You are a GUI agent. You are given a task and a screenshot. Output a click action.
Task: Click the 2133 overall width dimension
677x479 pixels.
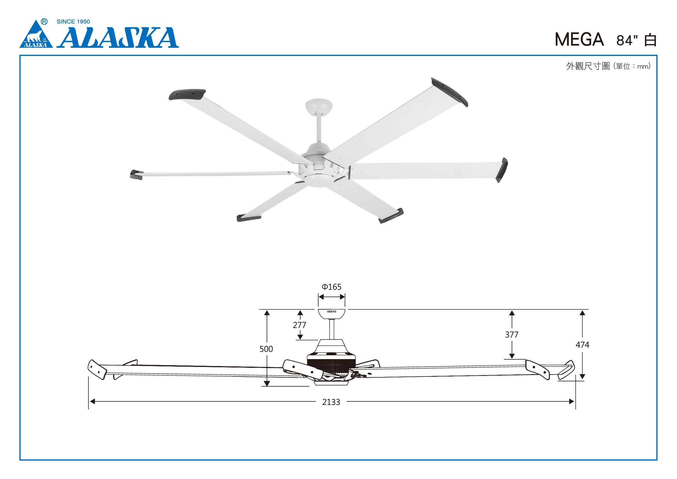[x=331, y=402]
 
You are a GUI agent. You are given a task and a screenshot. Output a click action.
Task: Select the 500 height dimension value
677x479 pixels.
[x=266, y=349]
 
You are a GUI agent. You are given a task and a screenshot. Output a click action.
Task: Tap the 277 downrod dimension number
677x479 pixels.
[x=299, y=325]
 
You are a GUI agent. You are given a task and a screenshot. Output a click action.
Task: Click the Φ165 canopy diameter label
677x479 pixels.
[x=331, y=287]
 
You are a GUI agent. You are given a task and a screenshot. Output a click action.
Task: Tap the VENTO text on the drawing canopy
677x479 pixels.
[x=331, y=312]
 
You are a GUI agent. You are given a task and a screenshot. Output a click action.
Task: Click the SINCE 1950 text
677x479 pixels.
[x=73, y=21]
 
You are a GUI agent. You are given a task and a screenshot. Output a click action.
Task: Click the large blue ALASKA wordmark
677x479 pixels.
[x=118, y=37]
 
